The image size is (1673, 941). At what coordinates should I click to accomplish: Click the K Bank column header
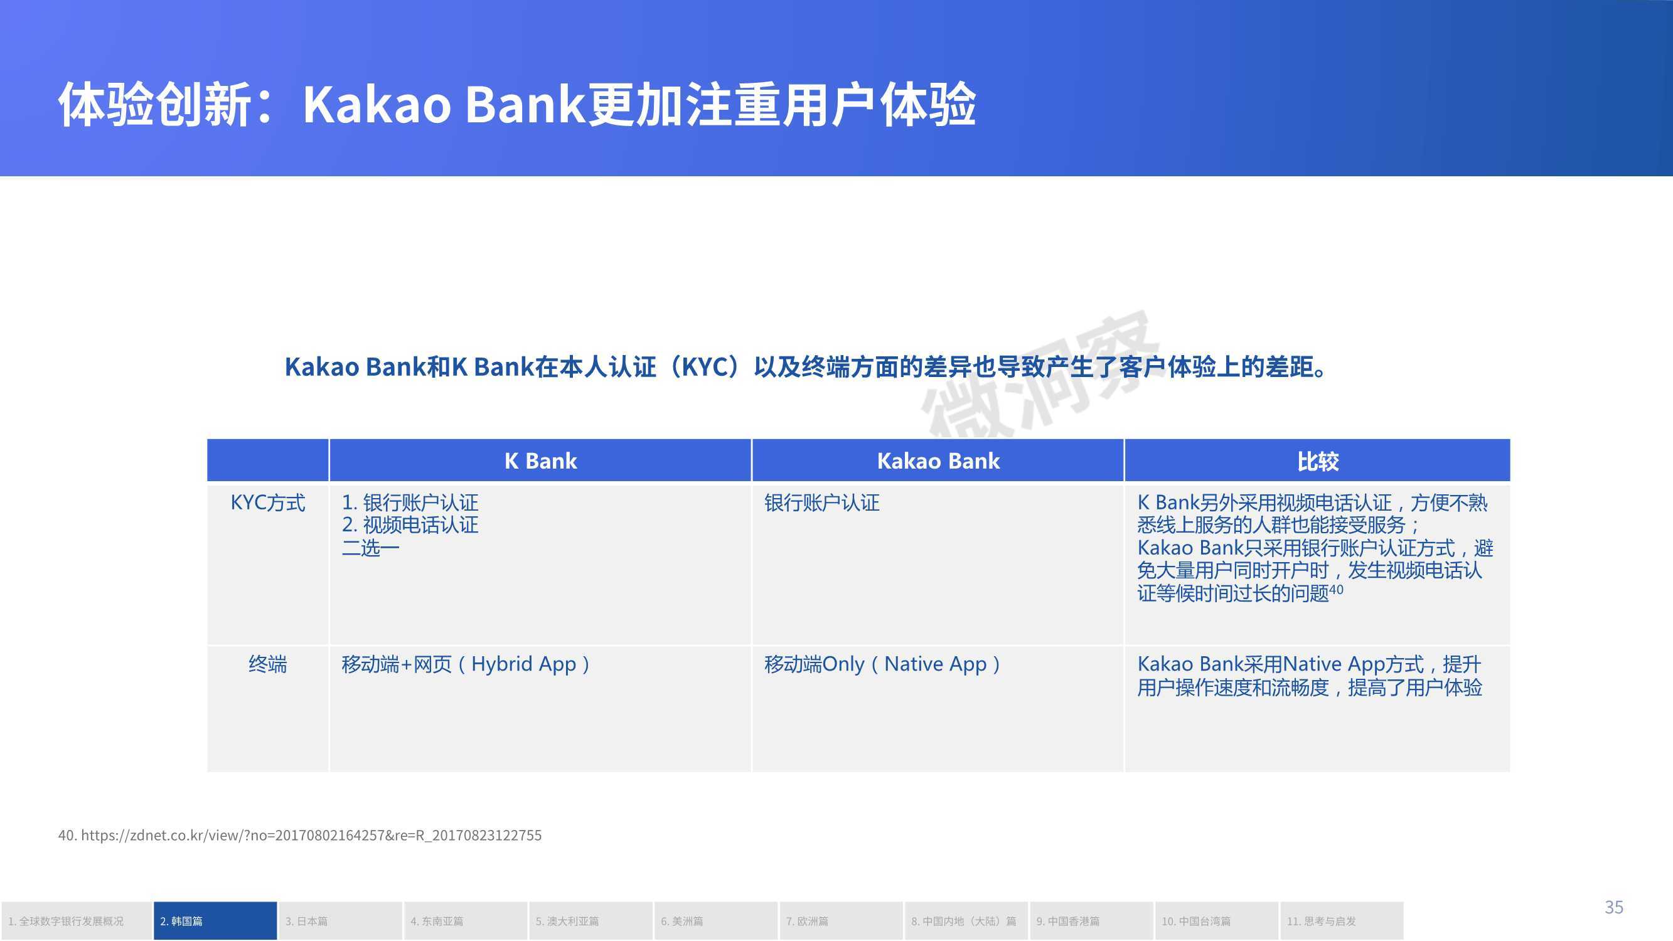coord(540,460)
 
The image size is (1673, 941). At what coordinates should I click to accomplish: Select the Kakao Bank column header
coord(938,460)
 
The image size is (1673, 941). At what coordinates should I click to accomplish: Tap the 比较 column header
coord(1318,461)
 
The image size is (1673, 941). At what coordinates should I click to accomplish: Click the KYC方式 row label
coord(267,502)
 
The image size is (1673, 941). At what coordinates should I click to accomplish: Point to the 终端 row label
coord(267,664)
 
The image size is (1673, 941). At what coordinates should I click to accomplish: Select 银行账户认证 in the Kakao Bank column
coord(821,502)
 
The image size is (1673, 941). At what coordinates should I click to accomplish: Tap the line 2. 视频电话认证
coord(410,524)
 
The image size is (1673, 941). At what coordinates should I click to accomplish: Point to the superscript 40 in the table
coord(1336,589)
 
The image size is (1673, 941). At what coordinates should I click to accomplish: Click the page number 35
coord(1614,906)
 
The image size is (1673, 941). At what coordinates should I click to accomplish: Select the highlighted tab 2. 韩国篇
coord(215,921)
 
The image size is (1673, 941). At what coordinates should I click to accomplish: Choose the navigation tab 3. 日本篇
coord(340,921)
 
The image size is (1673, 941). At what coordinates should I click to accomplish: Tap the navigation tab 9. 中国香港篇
coord(1091,921)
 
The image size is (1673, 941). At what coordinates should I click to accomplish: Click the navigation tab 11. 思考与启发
coord(1342,921)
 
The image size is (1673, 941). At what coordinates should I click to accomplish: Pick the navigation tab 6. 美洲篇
coord(716,921)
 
